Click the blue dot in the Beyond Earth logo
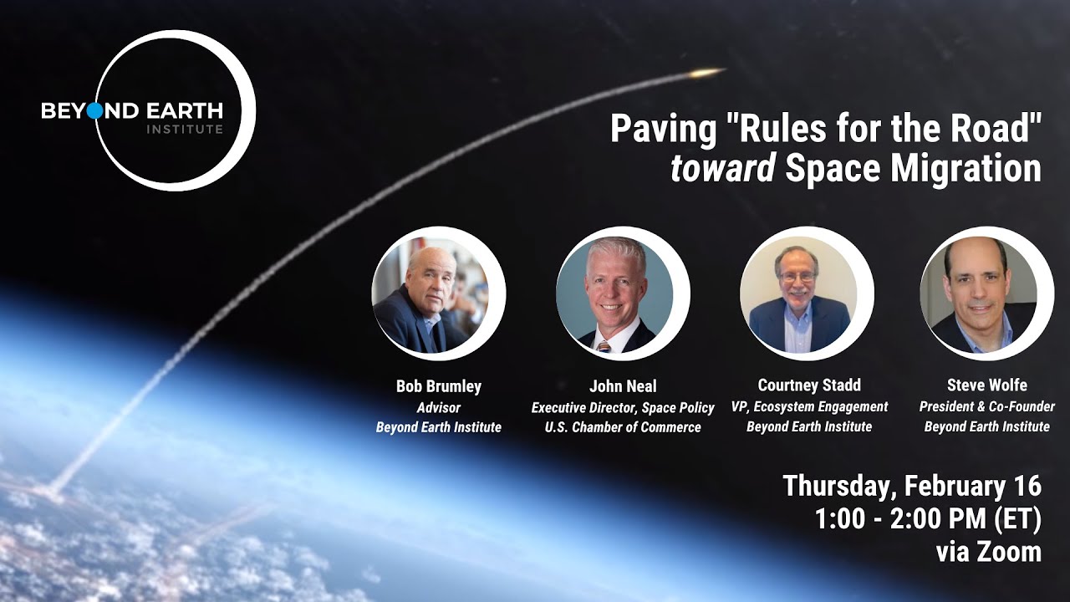(x=94, y=111)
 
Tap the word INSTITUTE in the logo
(x=185, y=130)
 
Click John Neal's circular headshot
(x=616, y=293)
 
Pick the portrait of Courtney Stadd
(x=800, y=293)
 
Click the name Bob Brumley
(x=439, y=386)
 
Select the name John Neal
(x=623, y=386)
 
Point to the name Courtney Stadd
(x=809, y=385)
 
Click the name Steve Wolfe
(x=987, y=385)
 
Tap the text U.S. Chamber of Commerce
(x=623, y=427)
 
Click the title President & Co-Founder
(x=987, y=407)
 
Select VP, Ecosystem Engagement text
(x=809, y=407)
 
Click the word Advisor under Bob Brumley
(x=439, y=408)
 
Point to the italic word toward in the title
(x=723, y=169)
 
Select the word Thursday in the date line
(x=840, y=486)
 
